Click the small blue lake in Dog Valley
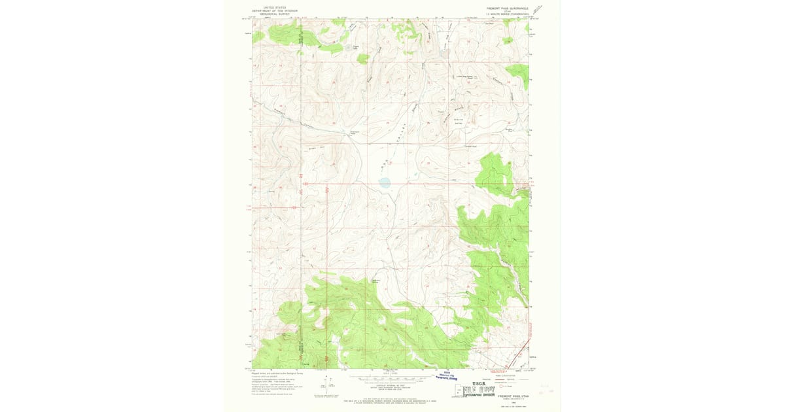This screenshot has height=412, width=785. tap(385, 183)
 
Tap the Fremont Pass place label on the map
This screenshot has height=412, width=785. tap(354, 132)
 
